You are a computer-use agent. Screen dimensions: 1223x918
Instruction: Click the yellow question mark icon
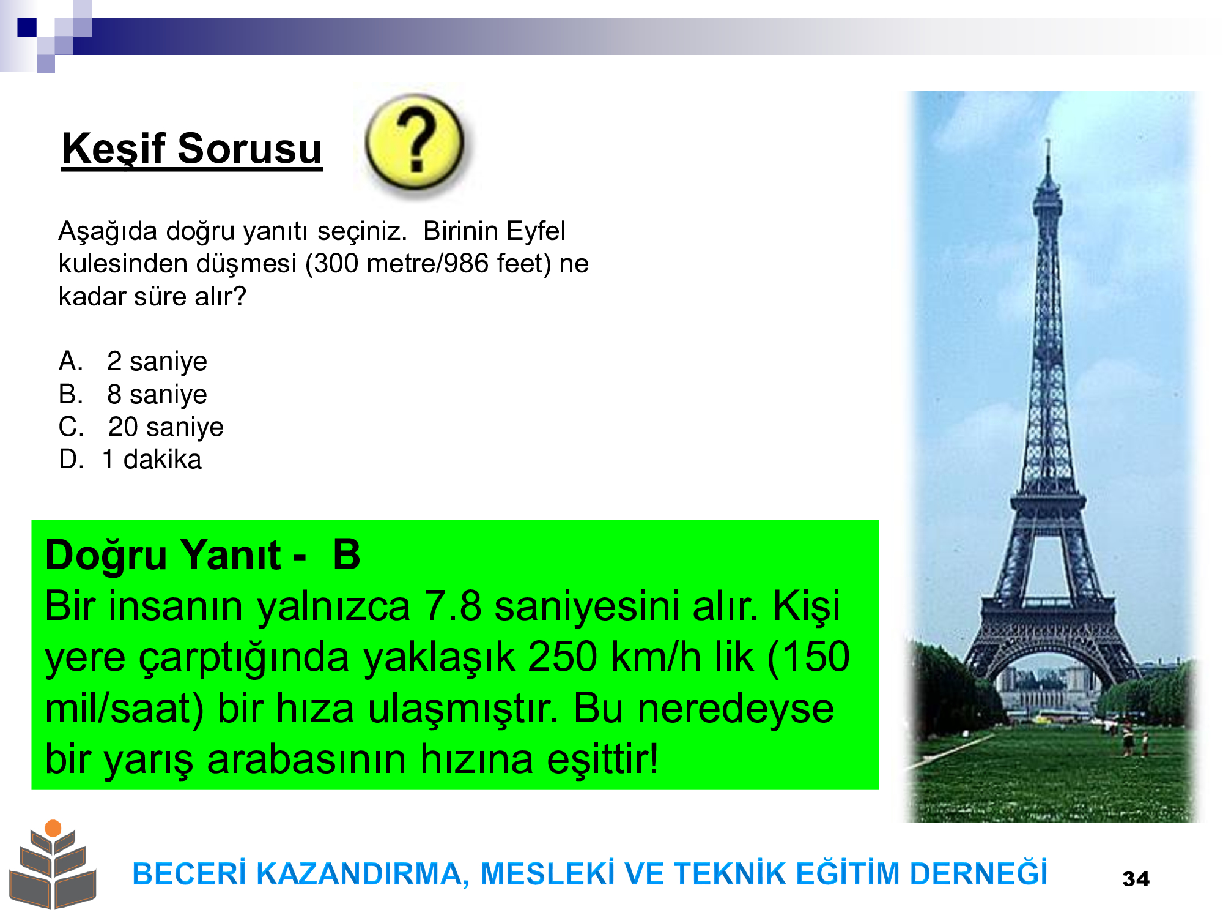tap(415, 142)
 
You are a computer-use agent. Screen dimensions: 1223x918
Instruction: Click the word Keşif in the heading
tap(114, 149)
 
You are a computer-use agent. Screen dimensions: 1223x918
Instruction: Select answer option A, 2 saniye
tap(133, 361)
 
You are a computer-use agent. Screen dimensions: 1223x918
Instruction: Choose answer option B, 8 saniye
tap(133, 394)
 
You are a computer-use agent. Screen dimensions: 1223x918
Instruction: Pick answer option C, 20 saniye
tap(141, 427)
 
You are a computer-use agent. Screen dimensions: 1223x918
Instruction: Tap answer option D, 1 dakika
tap(130, 459)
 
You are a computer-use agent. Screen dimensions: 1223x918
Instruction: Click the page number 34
tap(1136, 879)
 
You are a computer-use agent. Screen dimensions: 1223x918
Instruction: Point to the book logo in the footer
tap(53, 865)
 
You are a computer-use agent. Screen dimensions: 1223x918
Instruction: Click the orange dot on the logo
tap(53, 828)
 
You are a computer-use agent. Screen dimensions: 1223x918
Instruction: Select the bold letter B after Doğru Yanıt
tap(347, 555)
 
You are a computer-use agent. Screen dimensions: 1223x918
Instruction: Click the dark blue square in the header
tap(27, 28)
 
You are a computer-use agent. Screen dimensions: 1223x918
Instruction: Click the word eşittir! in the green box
tap(602, 759)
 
